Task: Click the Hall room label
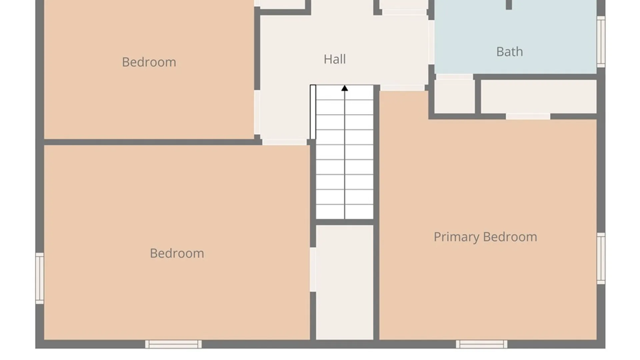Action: tap(335, 59)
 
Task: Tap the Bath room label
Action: tap(510, 52)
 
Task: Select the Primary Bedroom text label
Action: tap(485, 237)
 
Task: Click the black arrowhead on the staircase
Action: tap(345, 88)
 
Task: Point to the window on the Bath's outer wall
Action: tap(601, 42)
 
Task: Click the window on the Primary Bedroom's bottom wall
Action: tap(482, 344)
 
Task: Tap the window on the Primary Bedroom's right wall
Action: tap(601, 259)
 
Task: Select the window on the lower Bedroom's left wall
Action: tap(40, 278)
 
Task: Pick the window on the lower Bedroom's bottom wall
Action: tap(173, 344)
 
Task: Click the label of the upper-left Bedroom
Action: tap(149, 62)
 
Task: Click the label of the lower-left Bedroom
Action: tap(177, 253)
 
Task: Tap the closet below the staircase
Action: tap(345, 282)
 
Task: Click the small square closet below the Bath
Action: tap(455, 96)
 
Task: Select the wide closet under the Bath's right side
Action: tap(539, 96)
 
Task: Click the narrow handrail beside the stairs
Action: tap(313, 112)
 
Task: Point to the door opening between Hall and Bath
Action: tap(431, 42)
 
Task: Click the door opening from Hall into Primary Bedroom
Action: tap(402, 88)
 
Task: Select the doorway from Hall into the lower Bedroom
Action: tap(284, 142)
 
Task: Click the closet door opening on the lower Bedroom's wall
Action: tap(313, 270)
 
